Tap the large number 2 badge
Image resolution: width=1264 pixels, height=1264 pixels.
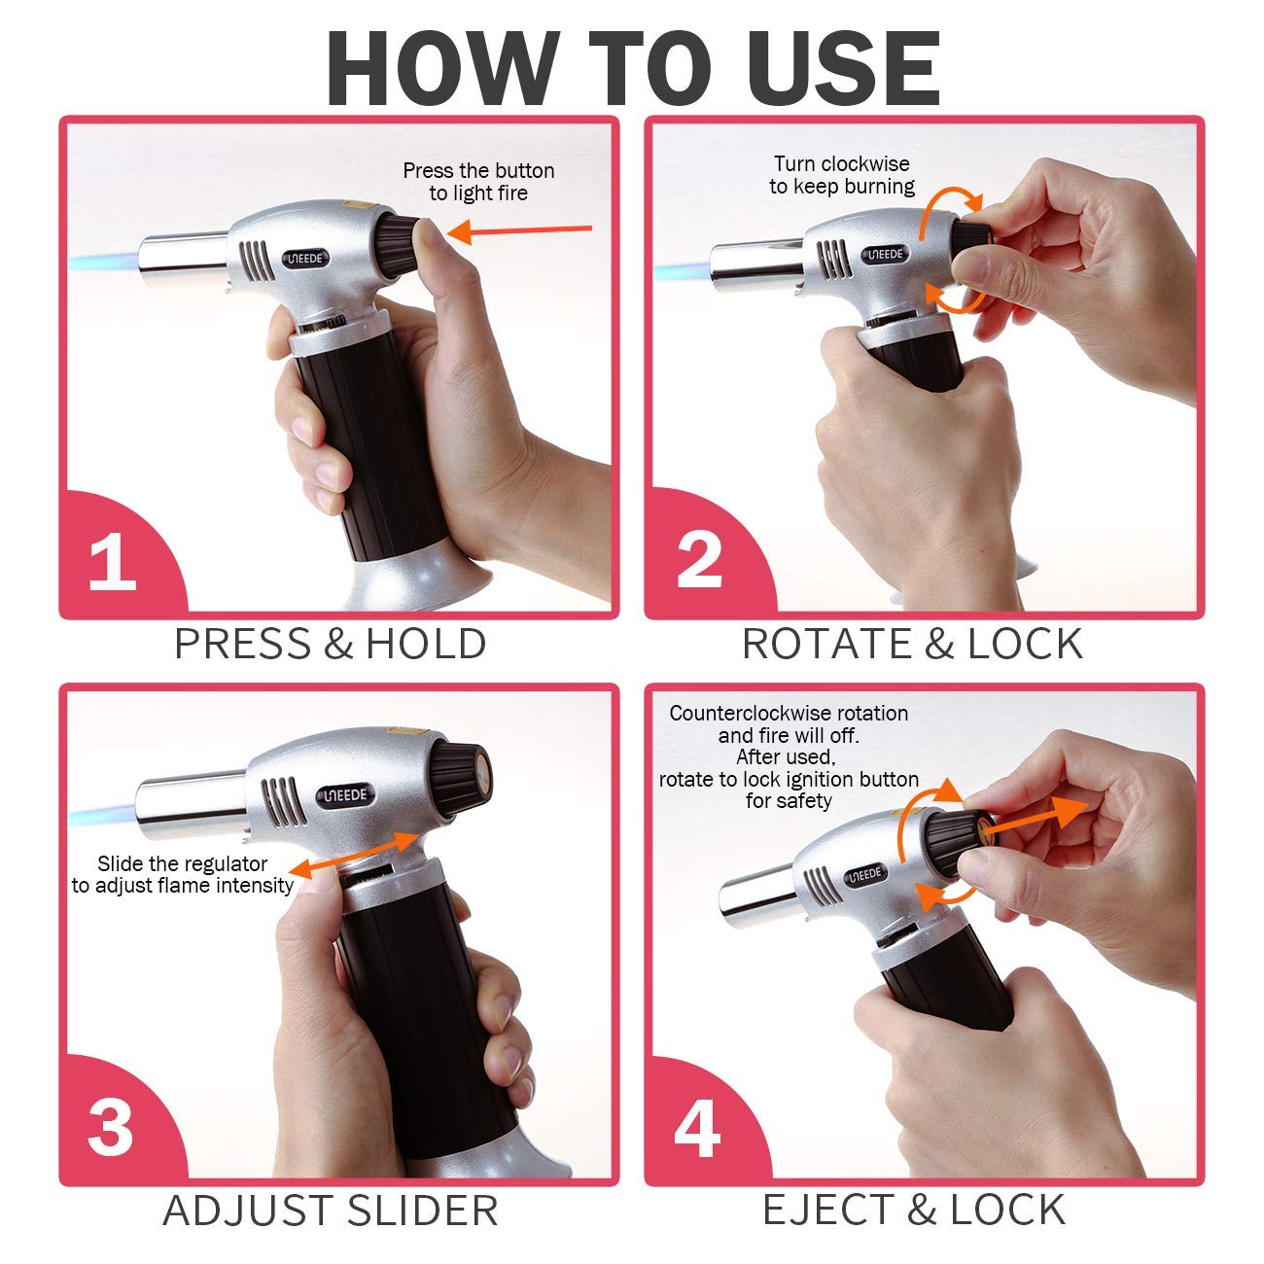tap(699, 559)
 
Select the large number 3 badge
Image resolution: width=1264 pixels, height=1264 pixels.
tap(110, 1128)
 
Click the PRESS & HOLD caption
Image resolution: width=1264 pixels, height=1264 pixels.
tap(331, 645)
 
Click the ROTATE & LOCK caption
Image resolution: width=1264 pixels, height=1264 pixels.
tap(912, 645)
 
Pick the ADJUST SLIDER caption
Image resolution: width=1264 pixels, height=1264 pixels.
tap(331, 1211)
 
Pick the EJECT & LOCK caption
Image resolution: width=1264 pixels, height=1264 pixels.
tap(914, 1211)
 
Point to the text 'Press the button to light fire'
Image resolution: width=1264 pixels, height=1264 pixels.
tap(478, 182)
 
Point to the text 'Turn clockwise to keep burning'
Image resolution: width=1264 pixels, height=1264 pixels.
tap(842, 175)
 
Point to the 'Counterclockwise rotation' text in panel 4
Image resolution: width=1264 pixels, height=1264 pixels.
tap(789, 714)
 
